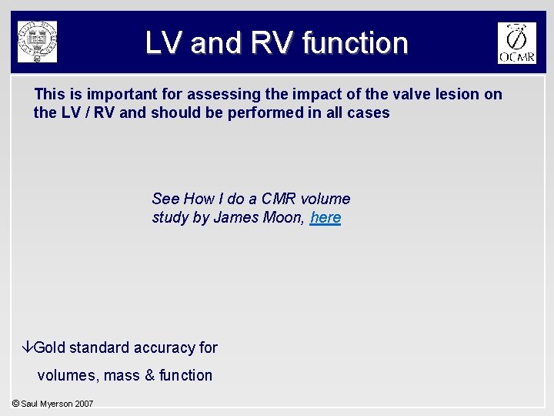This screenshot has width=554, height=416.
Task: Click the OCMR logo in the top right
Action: [x=516, y=43]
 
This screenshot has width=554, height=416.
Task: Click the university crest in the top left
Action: [x=38, y=42]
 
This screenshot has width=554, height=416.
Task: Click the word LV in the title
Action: [x=164, y=43]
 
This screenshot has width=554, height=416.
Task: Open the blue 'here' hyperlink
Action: [x=325, y=218]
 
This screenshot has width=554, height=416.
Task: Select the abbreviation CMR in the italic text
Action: [x=275, y=199]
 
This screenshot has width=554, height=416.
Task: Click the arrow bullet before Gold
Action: [x=28, y=347]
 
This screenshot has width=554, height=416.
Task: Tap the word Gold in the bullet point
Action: [x=50, y=347]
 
